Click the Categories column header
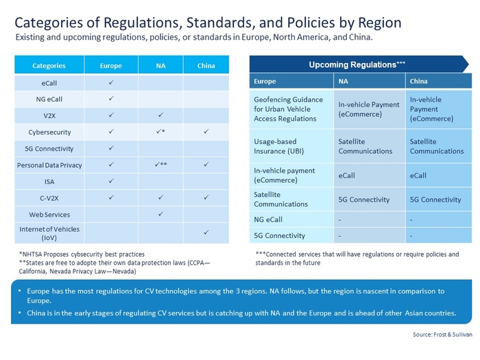(x=49, y=66)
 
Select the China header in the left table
(x=206, y=66)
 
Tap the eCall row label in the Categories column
(x=49, y=82)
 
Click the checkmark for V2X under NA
(x=160, y=115)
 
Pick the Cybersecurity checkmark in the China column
(x=206, y=132)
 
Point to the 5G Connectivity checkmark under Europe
(x=111, y=148)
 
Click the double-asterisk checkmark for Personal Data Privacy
(x=160, y=165)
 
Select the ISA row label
(x=49, y=182)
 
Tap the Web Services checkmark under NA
(x=160, y=215)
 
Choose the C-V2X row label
(x=49, y=198)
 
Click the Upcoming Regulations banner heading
(x=357, y=64)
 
